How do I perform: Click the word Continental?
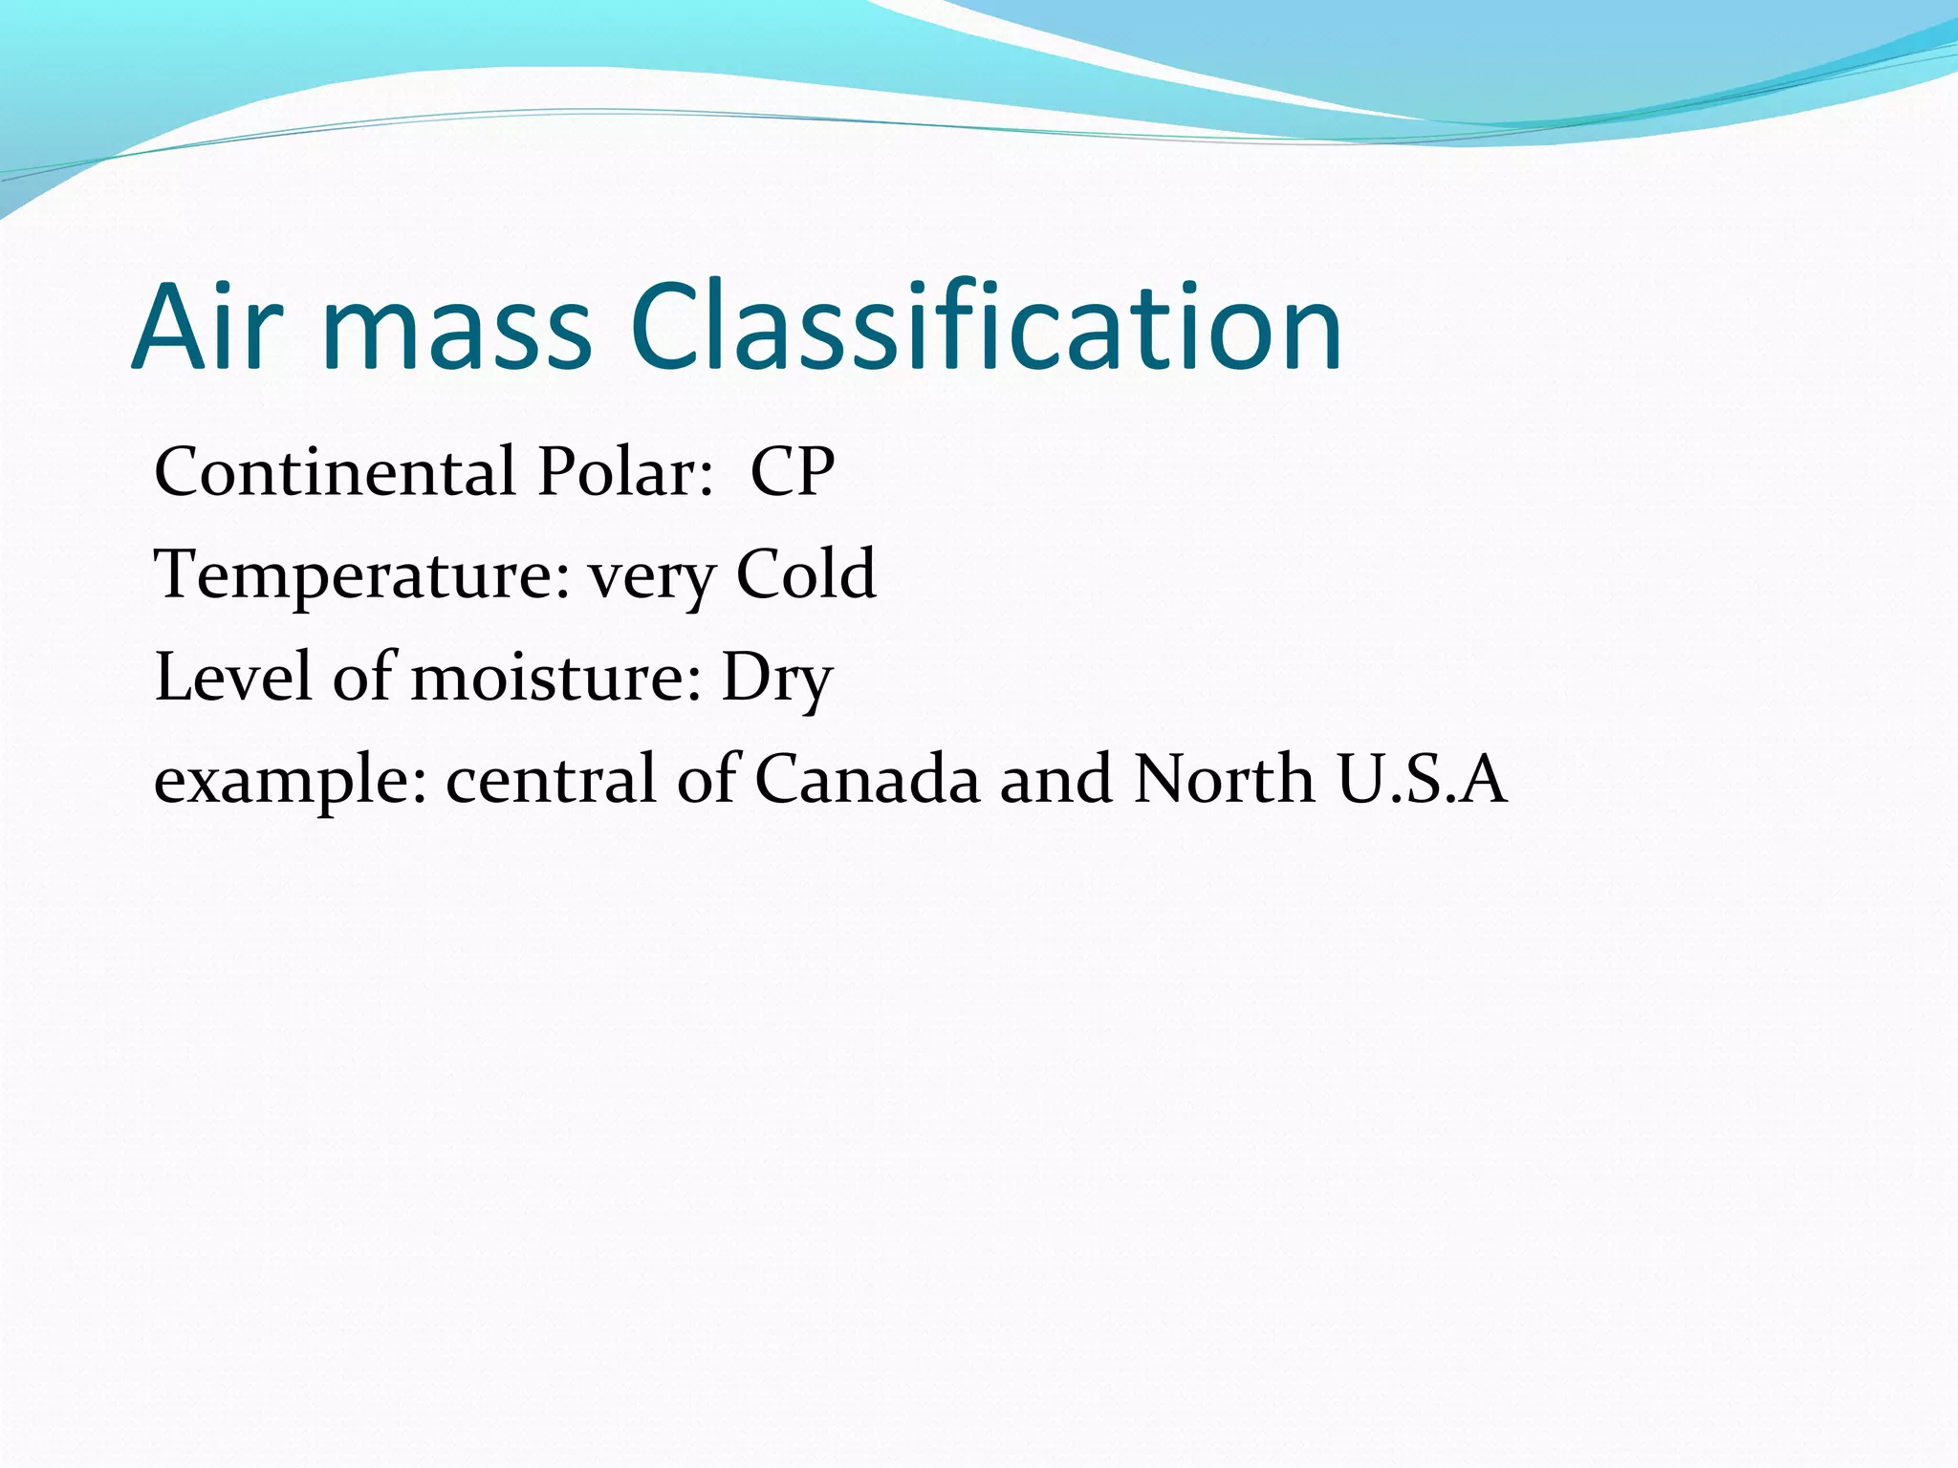[335, 472]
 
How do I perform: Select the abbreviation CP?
[792, 472]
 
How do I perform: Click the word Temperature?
[361, 576]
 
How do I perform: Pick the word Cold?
[805, 574]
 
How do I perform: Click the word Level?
[233, 677]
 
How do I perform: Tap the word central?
[551, 779]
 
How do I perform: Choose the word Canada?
[867, 779]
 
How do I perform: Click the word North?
[1224, 779]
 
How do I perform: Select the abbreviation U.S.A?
[1423, 779]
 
